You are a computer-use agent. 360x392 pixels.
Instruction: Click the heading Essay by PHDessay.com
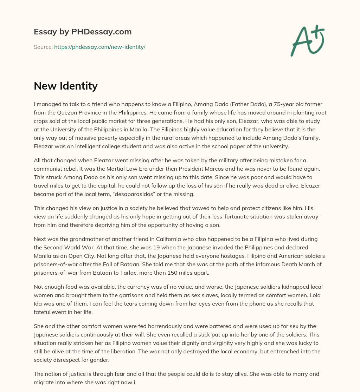point(83,32)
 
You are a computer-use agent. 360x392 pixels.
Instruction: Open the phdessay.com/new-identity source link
point(99,47)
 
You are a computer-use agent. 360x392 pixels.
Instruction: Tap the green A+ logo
point(307,40)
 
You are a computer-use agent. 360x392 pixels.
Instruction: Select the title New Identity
point(66,86)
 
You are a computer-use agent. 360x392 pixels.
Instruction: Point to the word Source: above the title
point(43,47)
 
